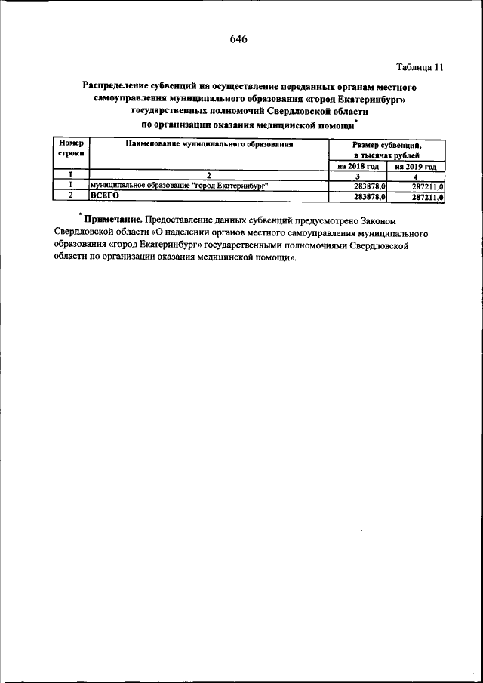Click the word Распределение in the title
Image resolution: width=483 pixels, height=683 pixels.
point(118,88)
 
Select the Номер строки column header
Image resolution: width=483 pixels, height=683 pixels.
point(70,148)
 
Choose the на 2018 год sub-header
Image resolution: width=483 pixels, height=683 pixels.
point(358,166)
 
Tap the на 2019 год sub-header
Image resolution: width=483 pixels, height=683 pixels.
point(416,166)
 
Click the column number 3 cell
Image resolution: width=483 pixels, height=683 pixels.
point(358,176)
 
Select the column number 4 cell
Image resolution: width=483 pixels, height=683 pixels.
point(416,176)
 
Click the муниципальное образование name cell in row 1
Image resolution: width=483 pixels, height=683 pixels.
point(179,186)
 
